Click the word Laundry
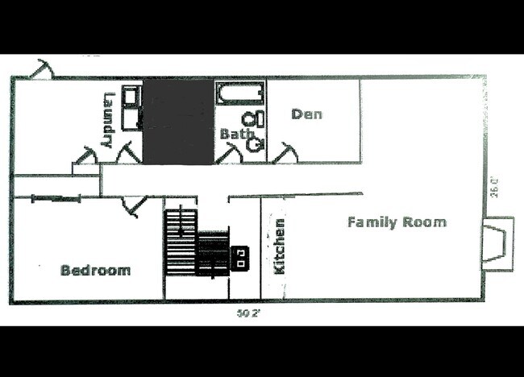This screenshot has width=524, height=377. pos(107,121)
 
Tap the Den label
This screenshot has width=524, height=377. pos(306,114)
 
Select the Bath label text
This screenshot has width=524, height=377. pos(237,134)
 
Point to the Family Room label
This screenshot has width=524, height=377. pos(397,222)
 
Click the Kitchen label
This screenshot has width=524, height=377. pos(280,246)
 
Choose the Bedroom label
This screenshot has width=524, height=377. pos(95,270)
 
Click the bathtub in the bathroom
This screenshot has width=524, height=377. pos(239,94)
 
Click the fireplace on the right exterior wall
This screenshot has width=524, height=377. pos(497,242)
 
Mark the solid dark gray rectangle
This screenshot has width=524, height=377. pos(178,122)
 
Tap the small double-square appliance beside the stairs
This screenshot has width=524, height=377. pos(240,258)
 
